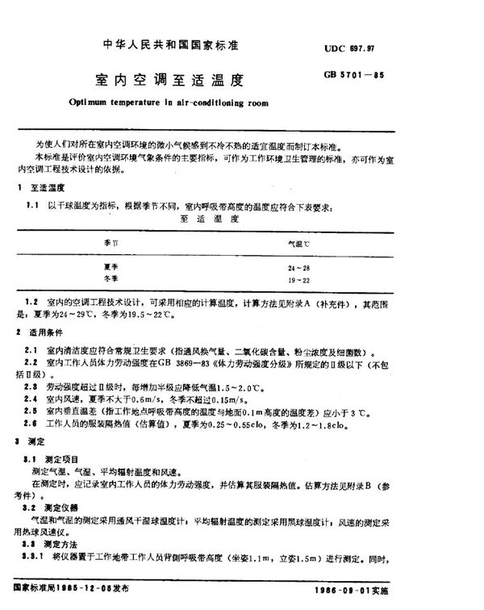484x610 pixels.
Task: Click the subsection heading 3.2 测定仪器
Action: click(56, 511)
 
